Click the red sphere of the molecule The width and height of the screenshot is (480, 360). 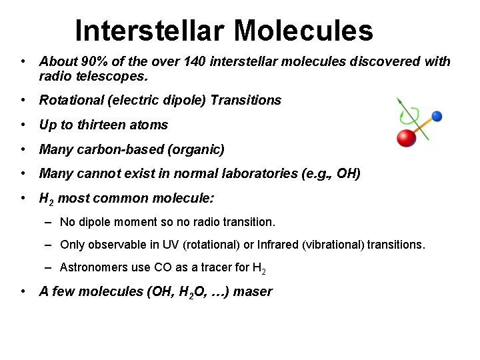tap(406, 137)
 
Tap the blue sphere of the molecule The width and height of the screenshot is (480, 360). tap(437, 117)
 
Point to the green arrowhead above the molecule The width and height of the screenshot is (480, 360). tap(399, 102)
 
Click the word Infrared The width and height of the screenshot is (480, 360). tap(272, 245)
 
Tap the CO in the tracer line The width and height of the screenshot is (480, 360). tap(162, 267)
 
